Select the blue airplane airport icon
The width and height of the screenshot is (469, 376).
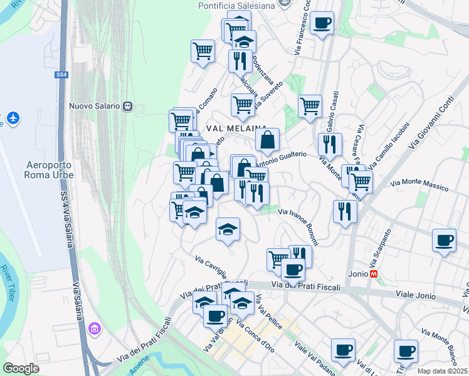tap(12, 118)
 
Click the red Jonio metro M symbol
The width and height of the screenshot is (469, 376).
tap(374, 274)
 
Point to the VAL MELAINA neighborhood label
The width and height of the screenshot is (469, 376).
tap(233, 127)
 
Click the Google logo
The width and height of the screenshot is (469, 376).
tap(21, 368)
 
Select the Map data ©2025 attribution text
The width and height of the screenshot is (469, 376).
tap(443, 371)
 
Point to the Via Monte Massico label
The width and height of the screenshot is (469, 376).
tap(419, 185)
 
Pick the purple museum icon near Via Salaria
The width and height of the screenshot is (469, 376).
tap(95, 328)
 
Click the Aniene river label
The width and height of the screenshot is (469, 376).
tap(139, 367)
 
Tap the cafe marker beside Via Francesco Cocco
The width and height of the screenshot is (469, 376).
tap(322, 24)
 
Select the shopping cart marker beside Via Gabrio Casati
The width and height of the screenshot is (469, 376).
tap(310, 107)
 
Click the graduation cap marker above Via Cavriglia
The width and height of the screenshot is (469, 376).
tap(228, 229)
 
